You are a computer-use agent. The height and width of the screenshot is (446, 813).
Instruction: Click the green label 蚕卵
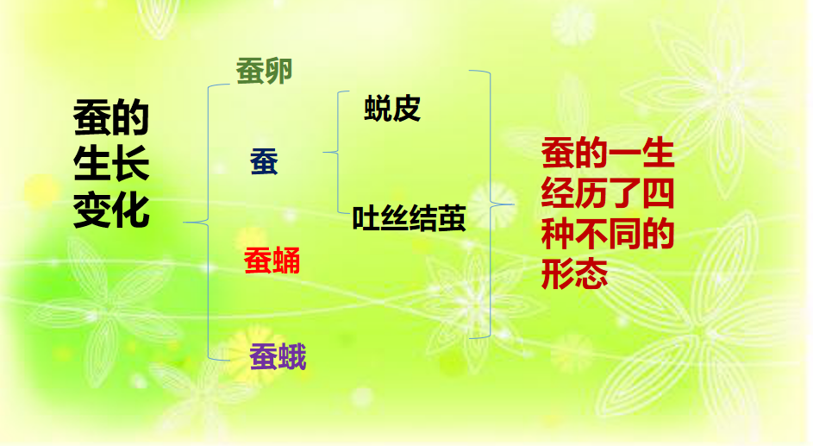pos(265,72)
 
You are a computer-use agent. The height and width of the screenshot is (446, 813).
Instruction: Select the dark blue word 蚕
pos(264,162)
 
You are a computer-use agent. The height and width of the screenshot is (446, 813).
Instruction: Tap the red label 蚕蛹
pos(272,259)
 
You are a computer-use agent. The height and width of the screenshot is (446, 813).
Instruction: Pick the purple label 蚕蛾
pos(278,356)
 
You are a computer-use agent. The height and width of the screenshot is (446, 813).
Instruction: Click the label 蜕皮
pos(392,109)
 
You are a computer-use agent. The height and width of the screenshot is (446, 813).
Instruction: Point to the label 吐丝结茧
pos(409,219)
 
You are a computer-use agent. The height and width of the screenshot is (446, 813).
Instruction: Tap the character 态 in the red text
pos(591,273)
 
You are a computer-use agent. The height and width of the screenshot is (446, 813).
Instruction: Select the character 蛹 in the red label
pos(286,259)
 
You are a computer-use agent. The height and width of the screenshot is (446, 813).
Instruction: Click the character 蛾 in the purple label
pos(292,356)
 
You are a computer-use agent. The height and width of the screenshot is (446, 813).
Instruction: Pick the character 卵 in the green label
pos(278,72)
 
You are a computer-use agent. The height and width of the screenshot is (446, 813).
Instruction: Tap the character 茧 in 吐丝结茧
pos(452,219)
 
